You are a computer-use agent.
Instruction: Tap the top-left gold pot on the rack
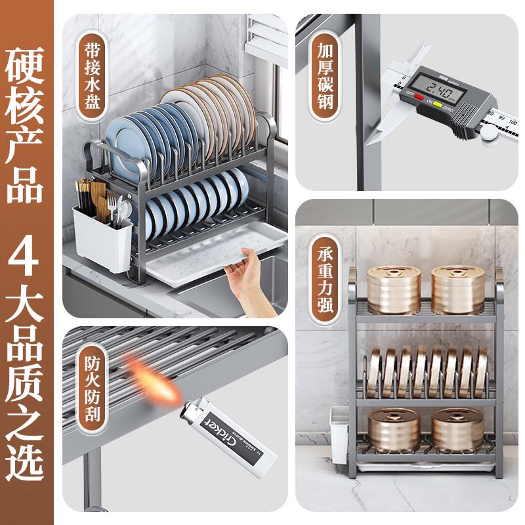coord(394,289)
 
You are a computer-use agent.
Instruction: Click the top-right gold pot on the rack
coord(457,289)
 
